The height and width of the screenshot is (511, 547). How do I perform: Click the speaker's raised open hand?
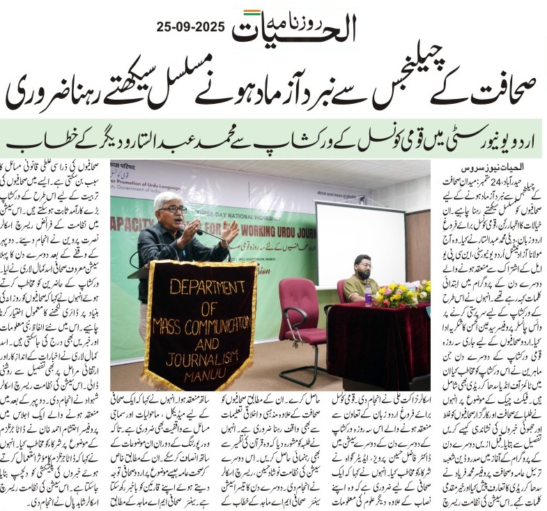229,233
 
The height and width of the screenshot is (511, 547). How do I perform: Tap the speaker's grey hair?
167,199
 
